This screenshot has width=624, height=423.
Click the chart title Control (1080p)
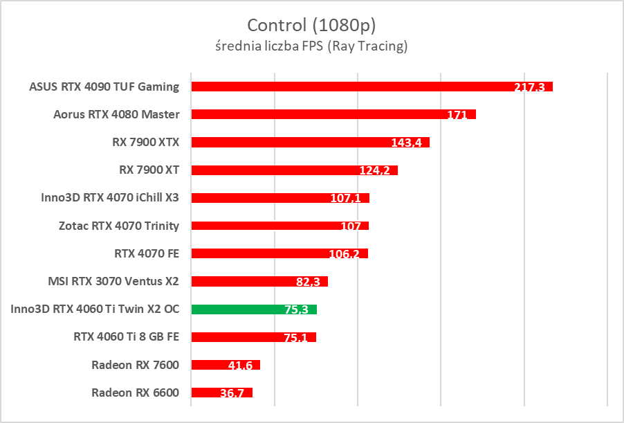click(311, 26)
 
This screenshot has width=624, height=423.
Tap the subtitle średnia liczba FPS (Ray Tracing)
click(311, 46)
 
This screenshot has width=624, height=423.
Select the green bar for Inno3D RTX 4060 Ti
click(235, 309)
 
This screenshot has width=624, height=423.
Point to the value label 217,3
click(529, 87)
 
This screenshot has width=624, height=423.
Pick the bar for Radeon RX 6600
click(208, 393)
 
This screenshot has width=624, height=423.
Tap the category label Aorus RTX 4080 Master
click(116, 114)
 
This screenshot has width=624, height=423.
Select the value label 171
click(457, 115)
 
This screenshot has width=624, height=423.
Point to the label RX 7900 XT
click(149, 170)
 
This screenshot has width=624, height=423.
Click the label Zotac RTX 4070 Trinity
click(119, 226)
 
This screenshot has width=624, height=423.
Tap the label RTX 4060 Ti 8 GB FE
click(126, 337)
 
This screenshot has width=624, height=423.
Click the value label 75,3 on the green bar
click(296, 309)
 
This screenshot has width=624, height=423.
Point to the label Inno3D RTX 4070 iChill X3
click(111, 197)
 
